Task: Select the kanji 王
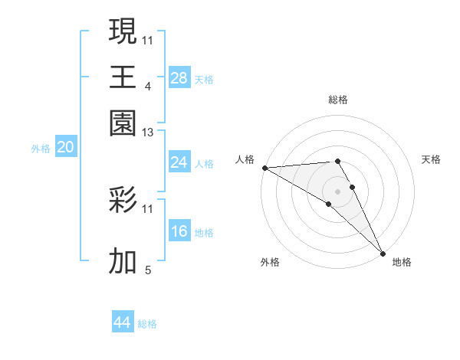(123, 77)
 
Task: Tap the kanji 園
(123, 122)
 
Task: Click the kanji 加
(123, 262)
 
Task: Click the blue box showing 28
(179, 77)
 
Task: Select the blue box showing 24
(179, 162)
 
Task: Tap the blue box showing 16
(179, 231)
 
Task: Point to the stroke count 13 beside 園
(147, 133)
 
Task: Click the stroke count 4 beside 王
(147, 87)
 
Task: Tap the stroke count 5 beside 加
(148, 270)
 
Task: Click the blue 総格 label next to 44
(147, 324)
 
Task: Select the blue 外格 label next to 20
(41, 149)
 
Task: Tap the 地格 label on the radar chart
(402, 262)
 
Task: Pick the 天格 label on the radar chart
(431, 159)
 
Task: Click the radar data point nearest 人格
(264, 168)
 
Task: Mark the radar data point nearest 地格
(383, 253)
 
